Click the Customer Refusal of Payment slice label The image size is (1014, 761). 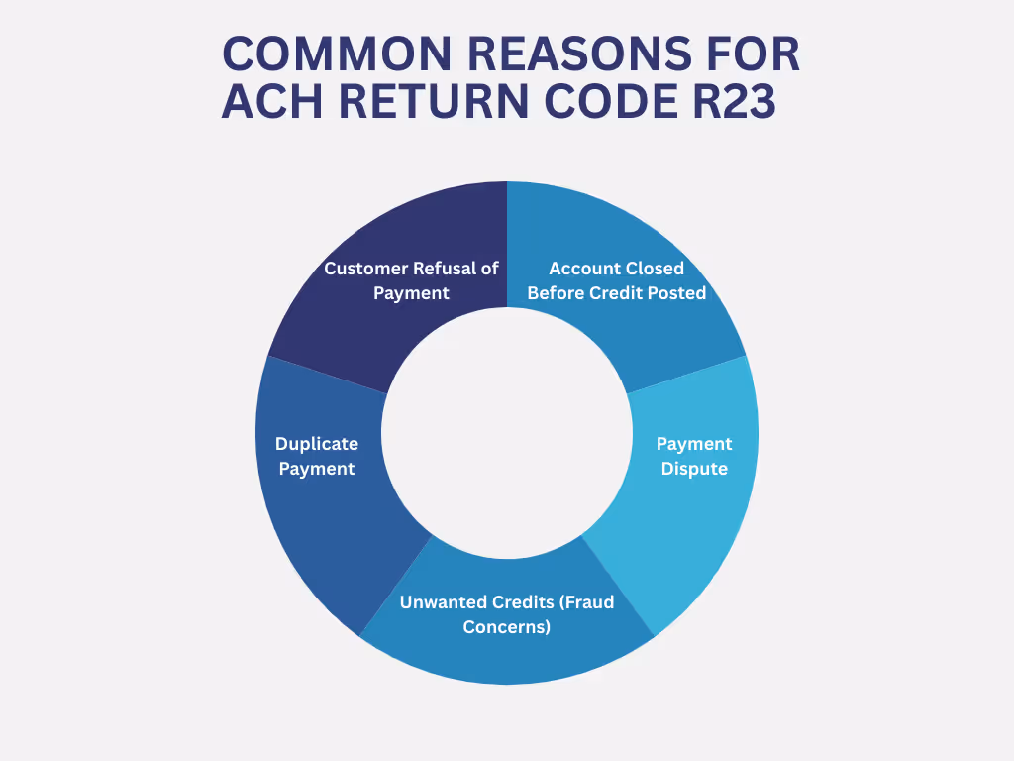point(411,280)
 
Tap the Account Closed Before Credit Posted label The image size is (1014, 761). point(616,280)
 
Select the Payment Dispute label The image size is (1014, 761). point(694,456)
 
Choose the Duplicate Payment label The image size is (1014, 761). point(317,456)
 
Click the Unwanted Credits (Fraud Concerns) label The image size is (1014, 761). point(507,614)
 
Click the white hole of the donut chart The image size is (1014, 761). point(507,433)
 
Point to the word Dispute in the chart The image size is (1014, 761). point(694,469)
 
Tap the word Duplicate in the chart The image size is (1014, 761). point(317,444)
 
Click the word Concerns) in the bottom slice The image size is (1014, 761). point(507,627)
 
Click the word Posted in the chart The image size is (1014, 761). point(678,293)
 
